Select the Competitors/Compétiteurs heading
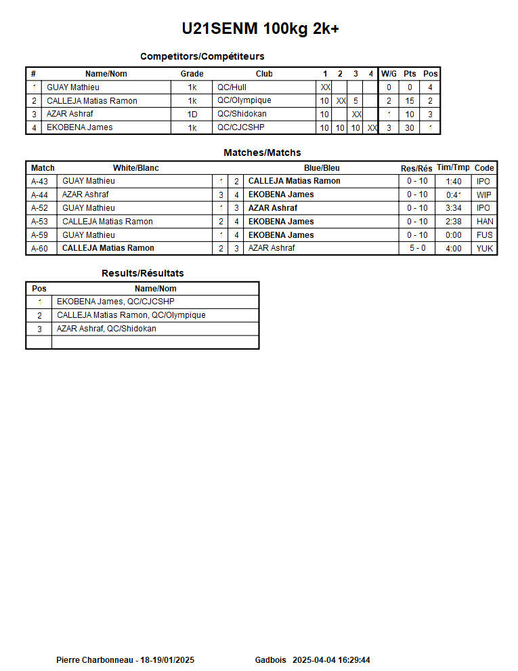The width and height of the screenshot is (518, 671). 202,56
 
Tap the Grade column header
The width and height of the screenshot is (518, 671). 192,74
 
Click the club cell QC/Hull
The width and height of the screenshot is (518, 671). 232,87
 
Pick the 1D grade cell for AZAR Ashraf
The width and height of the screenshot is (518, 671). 192,115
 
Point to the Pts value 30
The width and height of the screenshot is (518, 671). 410,128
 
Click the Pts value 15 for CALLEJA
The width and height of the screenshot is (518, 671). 410,101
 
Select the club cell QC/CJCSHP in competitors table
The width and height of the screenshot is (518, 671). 240,127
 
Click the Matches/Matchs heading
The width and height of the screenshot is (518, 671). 262,152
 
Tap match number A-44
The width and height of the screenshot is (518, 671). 39,195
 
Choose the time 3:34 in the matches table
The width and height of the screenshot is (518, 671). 454,208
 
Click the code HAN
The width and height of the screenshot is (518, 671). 485,222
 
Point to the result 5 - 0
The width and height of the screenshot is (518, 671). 417,248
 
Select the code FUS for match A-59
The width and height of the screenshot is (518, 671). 484,235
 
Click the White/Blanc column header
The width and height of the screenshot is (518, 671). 135,168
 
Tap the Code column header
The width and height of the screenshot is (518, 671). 484,168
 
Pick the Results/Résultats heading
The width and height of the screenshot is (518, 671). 142,273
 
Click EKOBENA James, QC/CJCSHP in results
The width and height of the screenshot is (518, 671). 115,302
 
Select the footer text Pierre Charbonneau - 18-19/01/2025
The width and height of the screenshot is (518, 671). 125,660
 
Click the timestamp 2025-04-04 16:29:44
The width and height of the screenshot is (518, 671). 331,660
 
